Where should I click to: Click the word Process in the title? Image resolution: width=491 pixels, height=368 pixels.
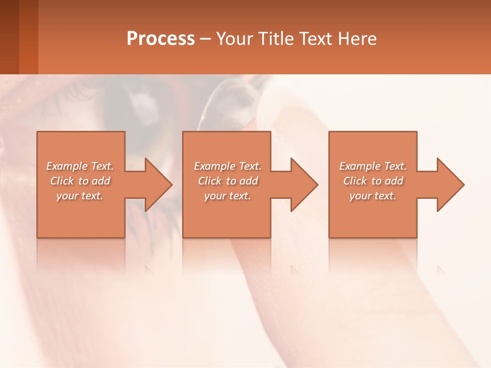point(161,39)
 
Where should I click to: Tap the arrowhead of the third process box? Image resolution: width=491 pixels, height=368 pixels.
point(450,185)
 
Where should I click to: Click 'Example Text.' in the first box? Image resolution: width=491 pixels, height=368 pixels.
point(80,166)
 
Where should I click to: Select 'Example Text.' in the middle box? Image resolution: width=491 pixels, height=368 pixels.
point(228,166)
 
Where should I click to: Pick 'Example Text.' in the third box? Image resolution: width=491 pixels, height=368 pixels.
point(373,166)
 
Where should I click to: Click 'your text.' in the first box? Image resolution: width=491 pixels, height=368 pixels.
point(80,196)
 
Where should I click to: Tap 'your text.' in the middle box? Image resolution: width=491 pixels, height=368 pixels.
point(228,196)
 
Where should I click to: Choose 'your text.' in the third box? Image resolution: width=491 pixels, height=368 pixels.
point(373,196)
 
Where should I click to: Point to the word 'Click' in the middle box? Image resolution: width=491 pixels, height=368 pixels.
point(210,181)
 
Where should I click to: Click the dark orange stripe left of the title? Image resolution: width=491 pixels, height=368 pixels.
point(29,37)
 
